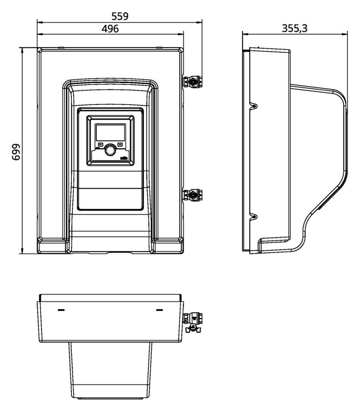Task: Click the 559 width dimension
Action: [120, 16]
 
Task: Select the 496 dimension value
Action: [110, 28]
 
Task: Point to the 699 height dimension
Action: [16, 152]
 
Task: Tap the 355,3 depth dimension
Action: [295, 28]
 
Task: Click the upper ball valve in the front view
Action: [192, 81]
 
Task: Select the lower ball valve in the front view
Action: [192, 195]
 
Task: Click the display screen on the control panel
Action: [111, 133]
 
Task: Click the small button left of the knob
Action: [101, 144]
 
